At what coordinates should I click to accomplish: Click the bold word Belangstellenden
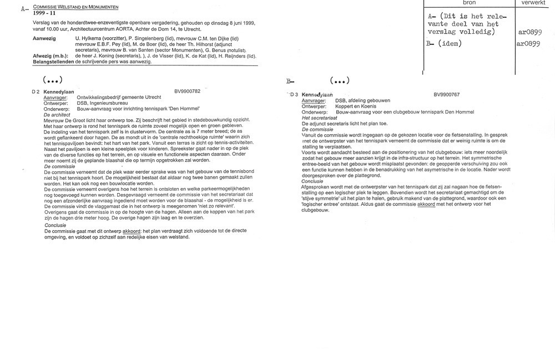pyautogui.click(x=52, y=62)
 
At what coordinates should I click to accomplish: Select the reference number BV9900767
pyautogui.click(x=449, y=94)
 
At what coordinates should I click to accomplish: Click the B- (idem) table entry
pyautogui.click(x=444, y=43)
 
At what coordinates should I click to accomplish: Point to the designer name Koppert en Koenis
pyautogui.click(x=356, y=106)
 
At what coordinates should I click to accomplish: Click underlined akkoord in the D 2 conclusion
pyautogui.click(x=130, y=231)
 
